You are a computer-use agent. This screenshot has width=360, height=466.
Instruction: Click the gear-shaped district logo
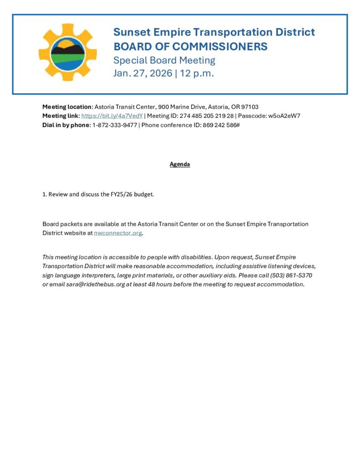pos(67,52)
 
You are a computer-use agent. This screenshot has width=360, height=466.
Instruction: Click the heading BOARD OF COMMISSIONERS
pos(190,46)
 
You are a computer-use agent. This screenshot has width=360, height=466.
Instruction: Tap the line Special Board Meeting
pos(164,60)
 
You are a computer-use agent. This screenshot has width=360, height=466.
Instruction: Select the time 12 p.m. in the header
pos(197,73)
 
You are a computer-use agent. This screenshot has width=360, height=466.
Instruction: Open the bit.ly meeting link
pos(112,116)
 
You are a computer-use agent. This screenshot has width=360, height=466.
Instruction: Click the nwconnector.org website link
pos(118,233)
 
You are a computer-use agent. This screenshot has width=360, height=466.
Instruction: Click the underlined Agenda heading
pos(180,164)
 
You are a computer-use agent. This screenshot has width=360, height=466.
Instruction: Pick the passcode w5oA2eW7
pos(284,116)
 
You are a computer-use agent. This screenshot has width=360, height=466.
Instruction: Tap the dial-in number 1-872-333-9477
pos(114,125)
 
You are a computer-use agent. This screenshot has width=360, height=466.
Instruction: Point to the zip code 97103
pos(250,107)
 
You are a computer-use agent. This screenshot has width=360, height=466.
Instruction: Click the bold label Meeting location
pos(67,107)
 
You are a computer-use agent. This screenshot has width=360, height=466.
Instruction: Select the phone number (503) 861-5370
pos(291,276)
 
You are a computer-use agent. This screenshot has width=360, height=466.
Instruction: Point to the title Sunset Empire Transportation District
pos(214,32)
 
